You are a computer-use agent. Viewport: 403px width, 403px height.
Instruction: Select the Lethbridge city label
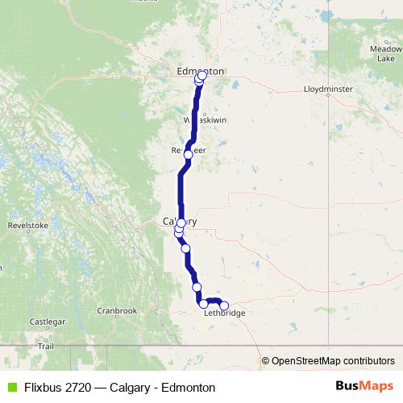click(x=226, y=313)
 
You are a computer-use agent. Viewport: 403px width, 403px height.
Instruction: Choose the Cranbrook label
click(x=118, y=310)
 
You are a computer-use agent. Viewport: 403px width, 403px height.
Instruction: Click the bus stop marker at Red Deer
click(x=189, y=154)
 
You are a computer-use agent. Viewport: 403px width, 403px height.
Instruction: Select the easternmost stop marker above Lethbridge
click(x=224, y=305)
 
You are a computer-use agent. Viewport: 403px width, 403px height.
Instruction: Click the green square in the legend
click(x=12, y=388)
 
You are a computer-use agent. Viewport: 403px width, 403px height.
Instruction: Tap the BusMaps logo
click(x=365, y=387)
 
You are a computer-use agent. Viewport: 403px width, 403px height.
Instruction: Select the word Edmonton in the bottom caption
click(x=189, y=388)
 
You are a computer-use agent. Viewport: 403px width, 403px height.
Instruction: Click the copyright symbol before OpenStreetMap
click(x=266, y=361)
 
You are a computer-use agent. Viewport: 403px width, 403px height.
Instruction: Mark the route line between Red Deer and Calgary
click(x=180, y=189)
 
